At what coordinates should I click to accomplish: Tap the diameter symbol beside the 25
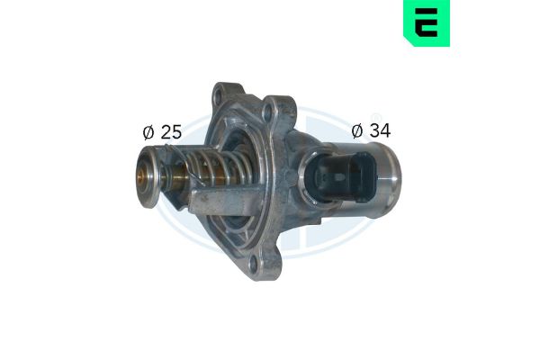pyautogui.click(x=148, y=132)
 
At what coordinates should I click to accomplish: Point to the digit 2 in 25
pyautogui.click(x=166, y=132)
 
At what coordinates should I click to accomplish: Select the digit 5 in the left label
pyautogui.click(x=176, y=132)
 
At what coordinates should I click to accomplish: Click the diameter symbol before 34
pyautogui.click(x=357, y=130)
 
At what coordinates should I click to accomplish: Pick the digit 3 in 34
pyautogui.click(x=374, y=130)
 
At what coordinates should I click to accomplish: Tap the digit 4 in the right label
pyautogui.click(x=385, y=130)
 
